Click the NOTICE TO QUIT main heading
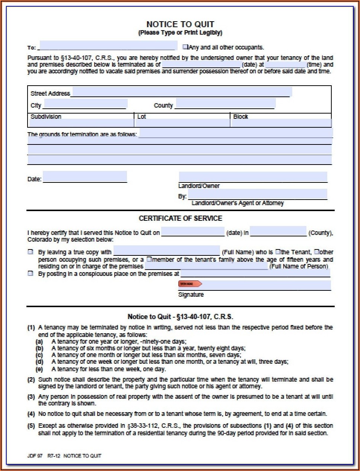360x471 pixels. click(x=180, y=24)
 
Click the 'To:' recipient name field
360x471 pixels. click(x=108, y=46)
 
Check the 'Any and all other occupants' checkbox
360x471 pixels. click(x=185, y=47)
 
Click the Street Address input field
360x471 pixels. click(x=181, y=92)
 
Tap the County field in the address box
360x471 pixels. click(x=225, y=104)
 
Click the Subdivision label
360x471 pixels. click(x=46, y=117)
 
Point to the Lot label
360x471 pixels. click(x=141, y=117)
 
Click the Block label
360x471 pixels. click(x=240, y=117)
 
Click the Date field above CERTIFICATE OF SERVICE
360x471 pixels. click(x=85, y=177)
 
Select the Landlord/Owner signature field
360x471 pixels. click(x=253, y=177)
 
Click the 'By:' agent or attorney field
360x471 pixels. click(x=257, y=194)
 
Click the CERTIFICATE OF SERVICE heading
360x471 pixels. click(x=180, y=218)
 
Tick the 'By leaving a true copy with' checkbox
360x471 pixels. click(x=31, y=252)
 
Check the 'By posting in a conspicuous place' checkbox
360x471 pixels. click(x=31, y=274)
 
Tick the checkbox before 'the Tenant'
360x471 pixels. click(x=278, y=252)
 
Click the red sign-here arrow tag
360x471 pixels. click(x=190, y=284)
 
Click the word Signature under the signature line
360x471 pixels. click(x=191, y=295)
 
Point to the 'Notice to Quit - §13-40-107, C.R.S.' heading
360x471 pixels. click(x=180, y=317)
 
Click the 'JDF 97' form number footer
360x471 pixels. click(x=35, y=456)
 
